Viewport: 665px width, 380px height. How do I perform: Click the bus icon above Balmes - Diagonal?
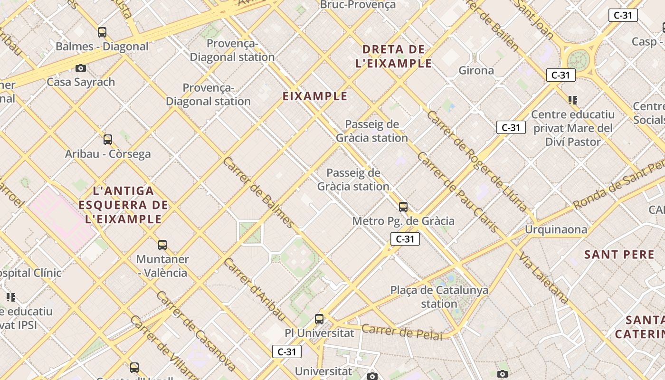coord(102,32)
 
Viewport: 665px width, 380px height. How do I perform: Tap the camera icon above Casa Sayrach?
coord(81,68)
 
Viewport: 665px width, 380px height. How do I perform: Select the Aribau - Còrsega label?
coord(108,154)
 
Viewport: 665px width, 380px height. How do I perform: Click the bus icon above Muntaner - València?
coord(162,245)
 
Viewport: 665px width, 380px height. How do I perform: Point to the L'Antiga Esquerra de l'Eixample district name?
coord(123,205)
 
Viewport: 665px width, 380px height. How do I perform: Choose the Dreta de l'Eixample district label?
coord(393,56)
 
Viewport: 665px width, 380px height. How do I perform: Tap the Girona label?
coord(476,71)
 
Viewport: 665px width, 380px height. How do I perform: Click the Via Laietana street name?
coord(543,278)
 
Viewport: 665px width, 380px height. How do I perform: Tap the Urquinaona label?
coord(556,230)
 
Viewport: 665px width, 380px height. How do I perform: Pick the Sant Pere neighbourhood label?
coord(619,255)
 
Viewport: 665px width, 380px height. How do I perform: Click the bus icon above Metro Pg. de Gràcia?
coord(403,207)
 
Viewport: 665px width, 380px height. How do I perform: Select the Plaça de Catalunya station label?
coord(439,296)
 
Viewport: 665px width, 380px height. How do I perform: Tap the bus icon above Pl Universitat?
coord(319,319)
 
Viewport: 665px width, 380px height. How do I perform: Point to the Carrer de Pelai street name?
coord(402,332)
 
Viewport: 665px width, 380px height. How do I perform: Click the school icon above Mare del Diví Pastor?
coord(573,100)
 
